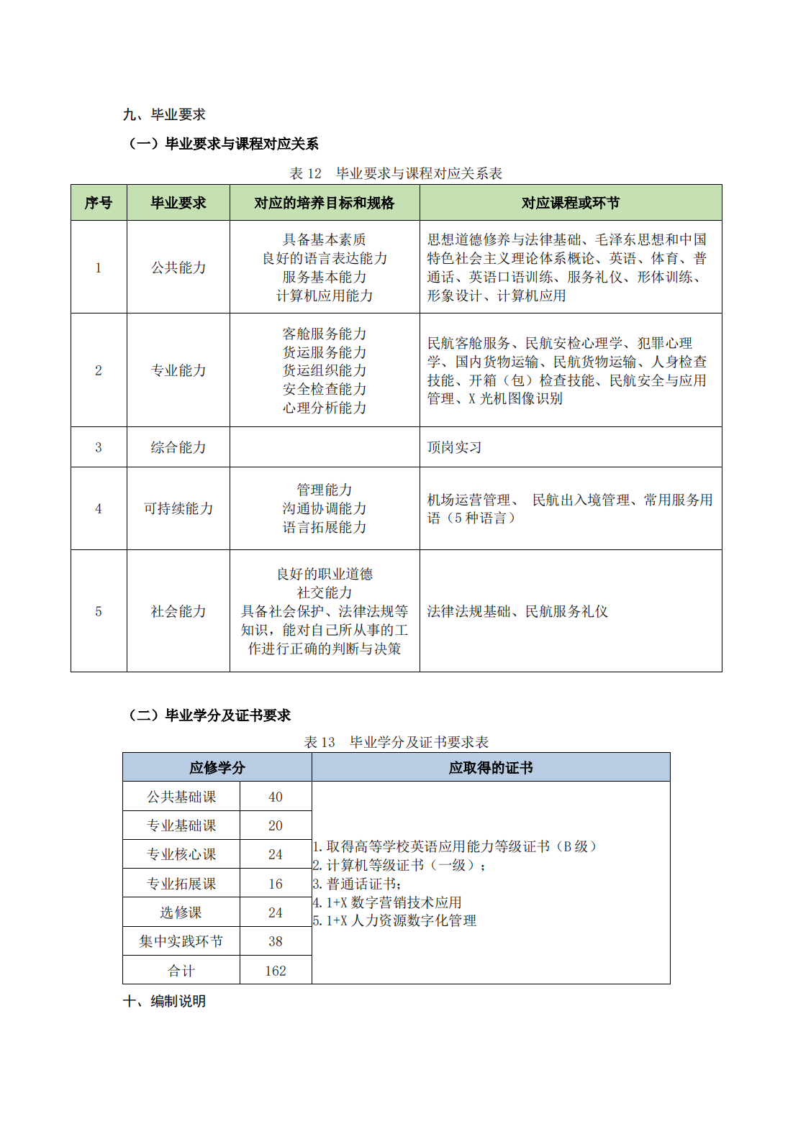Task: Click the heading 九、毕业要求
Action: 164,114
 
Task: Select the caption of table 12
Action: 396,173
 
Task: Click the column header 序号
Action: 99,203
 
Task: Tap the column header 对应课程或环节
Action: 570,203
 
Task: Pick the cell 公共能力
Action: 178,267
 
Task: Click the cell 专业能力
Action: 178,370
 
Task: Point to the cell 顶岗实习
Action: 454,447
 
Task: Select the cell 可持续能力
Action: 178,508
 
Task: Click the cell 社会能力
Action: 178,611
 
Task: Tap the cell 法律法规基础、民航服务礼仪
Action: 517,611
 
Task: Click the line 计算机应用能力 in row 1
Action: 324,296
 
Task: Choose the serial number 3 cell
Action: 99,447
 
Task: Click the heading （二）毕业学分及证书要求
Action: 209,715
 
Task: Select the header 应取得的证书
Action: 490,767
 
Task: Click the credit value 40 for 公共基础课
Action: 275,797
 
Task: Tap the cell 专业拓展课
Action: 181,884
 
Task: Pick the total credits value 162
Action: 275,971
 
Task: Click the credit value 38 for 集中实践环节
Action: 275,941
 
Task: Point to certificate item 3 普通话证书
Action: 358,884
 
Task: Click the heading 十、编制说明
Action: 164,1001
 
